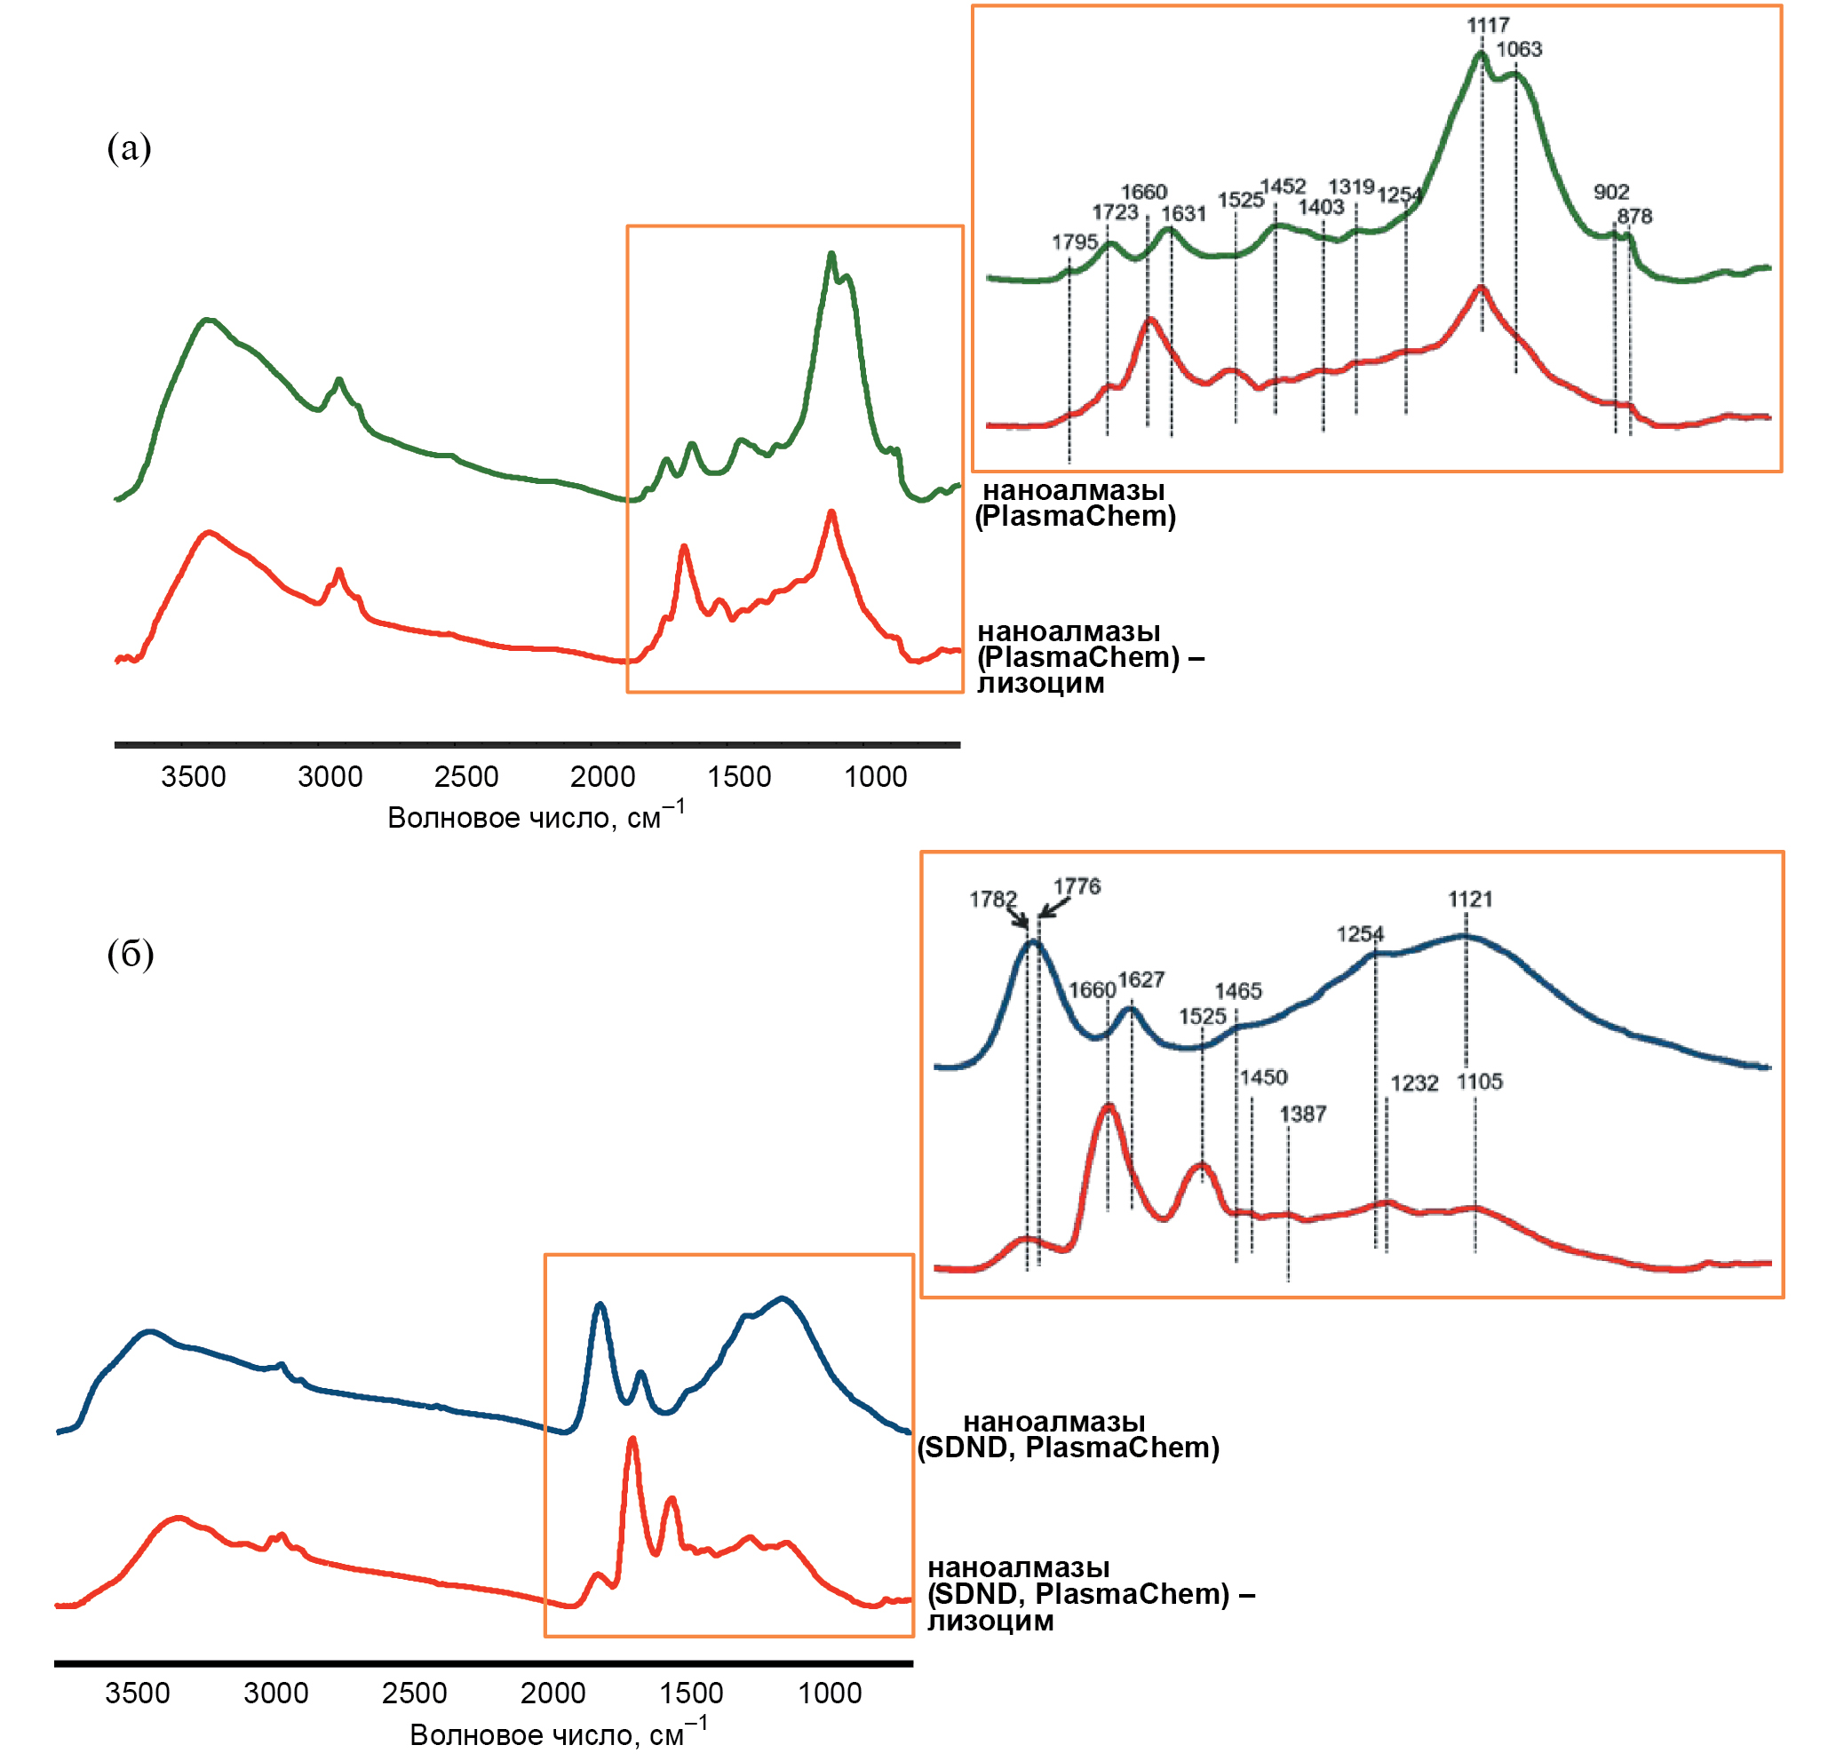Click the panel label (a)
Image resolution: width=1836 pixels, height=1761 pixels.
pos(130,148)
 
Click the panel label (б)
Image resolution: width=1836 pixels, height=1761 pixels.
pos(131,954)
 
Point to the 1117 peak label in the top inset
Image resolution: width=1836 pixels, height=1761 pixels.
pos(1488,25)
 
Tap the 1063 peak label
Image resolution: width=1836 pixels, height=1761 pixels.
pos(1518,50)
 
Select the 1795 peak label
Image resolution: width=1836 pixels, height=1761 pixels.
pos(1075,242)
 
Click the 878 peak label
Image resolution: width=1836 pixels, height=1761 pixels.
pos(1634,217)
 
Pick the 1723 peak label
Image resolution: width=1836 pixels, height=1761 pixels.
pos(1115,212)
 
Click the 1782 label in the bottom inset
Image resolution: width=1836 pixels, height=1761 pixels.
pos(993,900)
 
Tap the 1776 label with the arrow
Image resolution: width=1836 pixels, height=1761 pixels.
pos(1077,887)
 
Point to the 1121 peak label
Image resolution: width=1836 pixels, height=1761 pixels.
pos(1470,900)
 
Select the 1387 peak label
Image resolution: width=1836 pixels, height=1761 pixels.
pos(1303,1115)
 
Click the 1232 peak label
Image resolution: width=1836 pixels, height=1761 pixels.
pos(1413,1084)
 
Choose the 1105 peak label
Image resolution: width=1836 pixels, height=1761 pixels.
pos(1479,1083)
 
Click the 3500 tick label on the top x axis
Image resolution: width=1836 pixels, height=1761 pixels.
pos(193,777)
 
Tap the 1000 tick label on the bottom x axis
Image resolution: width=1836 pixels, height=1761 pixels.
pos(829,1694)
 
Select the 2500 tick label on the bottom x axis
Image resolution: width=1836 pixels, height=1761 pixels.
pos(414,1694)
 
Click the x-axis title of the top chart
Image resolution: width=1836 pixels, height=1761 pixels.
pos(536,817)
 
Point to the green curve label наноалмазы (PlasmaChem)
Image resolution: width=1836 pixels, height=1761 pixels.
pos(1075,503)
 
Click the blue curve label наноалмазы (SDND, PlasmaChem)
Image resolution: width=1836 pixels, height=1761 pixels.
pos(1068,1434)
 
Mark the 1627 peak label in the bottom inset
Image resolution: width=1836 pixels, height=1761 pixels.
pos(1141,980)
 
